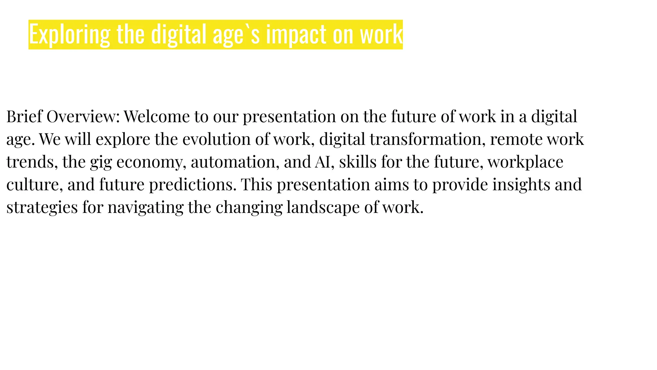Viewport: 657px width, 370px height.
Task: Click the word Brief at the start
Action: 24,116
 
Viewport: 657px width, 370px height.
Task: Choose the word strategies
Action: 42,207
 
